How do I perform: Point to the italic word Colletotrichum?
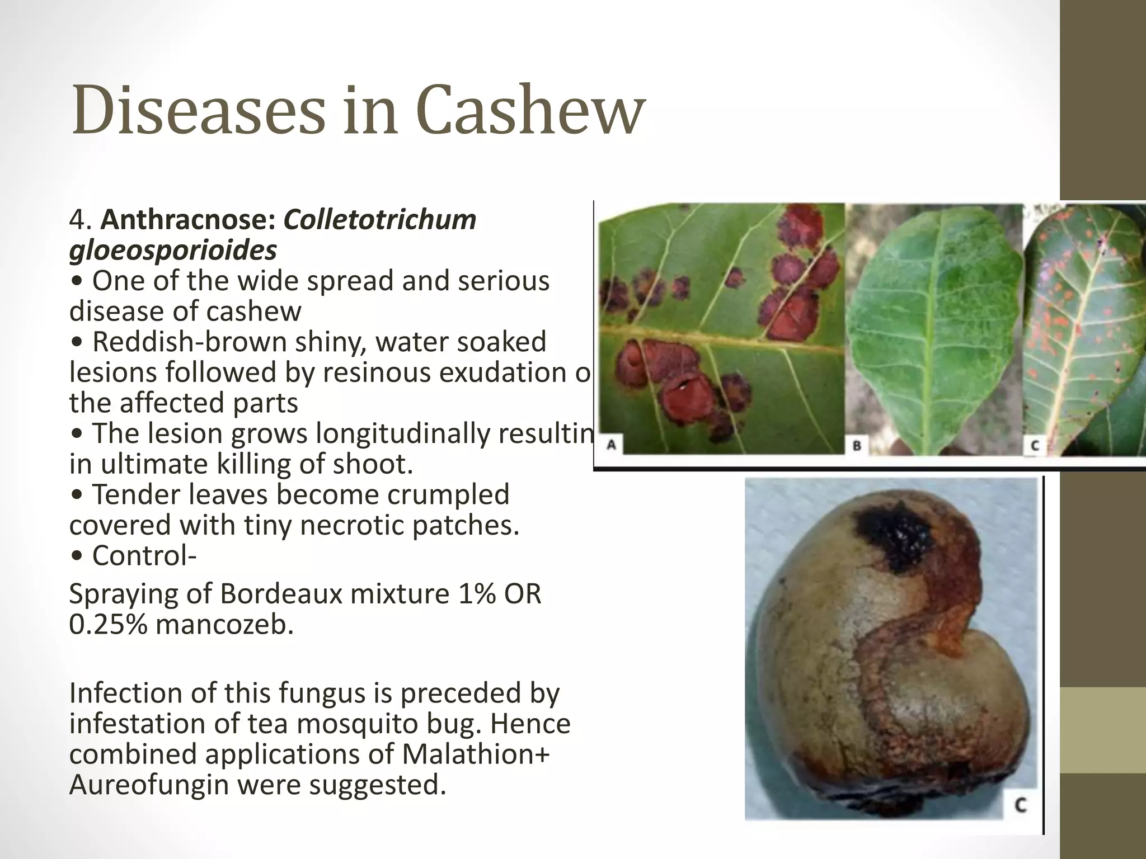(380, 220)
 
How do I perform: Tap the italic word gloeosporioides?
(173, 250)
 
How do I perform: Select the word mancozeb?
(224, 625)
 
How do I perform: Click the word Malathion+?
(476, 754)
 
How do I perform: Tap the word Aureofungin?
(149, 785)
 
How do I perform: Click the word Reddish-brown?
(189, 342)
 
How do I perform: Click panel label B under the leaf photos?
(857, 446)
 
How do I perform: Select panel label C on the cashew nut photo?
(1021, 805)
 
